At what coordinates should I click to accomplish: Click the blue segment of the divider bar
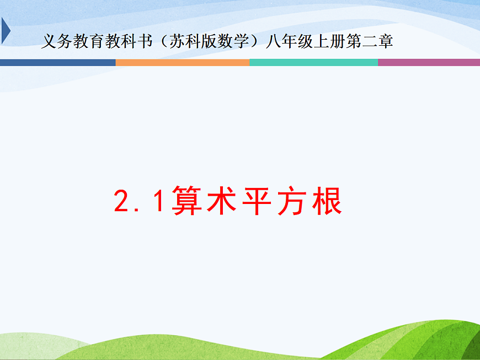[x=57, y=62]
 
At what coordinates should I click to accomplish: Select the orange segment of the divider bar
[x=182, y=62]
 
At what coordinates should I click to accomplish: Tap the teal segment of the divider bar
[x=313, y=62]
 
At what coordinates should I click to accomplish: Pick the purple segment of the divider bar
[x=429, y=62]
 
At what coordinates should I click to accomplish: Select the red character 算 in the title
[x=188, y=202]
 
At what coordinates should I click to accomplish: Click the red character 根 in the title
[x=328, y=202]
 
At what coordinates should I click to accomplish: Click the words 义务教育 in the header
[x=69, y=42]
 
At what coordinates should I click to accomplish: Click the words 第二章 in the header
[x=370, y=42]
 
